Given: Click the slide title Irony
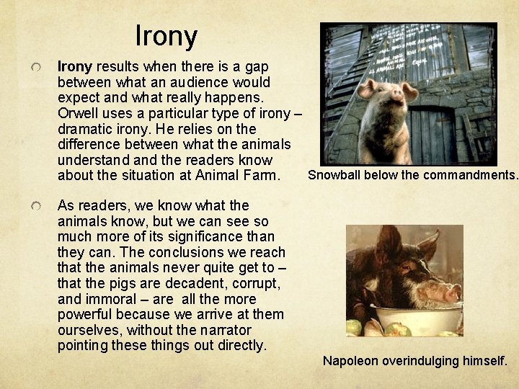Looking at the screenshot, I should point(166,35).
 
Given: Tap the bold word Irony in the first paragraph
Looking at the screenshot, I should point(74,66).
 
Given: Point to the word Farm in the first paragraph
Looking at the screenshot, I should point(259,175).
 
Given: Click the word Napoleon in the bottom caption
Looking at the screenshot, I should point(351,360).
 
